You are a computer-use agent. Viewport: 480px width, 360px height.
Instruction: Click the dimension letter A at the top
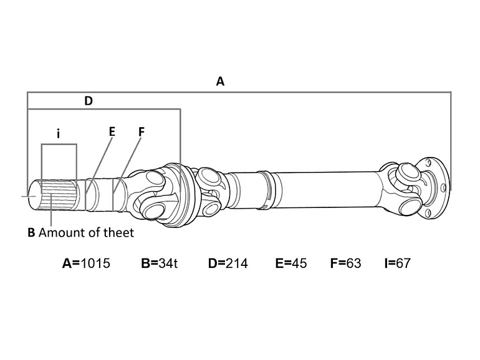pyautogui.click(x=219, y=81)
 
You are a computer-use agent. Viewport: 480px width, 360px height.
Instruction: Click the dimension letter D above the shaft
pyautogui.click(x=88, y=101)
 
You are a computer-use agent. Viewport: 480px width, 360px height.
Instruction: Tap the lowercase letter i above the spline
pyautogui.click(x=58, y=133)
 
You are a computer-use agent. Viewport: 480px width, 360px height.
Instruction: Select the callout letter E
pyautogui.click(x=112, y=131)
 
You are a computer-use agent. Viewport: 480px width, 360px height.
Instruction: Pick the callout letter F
pyautogui.click(x=141, y=131)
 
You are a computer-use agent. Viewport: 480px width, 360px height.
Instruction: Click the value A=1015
pyautogui.click(x=86, y=263)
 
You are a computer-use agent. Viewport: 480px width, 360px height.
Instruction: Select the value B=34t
pyautogui.click(x=160, y=263)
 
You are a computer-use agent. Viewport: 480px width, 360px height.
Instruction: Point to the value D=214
pyautogui.click(x=228, y=263)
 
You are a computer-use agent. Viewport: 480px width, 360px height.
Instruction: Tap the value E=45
pyautogui.click(x=290, y=263)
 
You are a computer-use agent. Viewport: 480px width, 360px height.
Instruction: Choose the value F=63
pyautogui.click(x=345, y=263)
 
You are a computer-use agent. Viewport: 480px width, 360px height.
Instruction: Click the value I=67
pyautogui.click(x=397, y=263)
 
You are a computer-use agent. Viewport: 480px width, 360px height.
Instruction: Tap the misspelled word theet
pyautogui.click(x=119, y=233)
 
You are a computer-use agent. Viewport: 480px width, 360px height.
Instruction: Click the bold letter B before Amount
pyautogui.click(x=31, y=233)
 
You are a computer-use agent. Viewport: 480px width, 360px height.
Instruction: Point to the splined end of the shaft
pyautogui.click(x=57, y=194)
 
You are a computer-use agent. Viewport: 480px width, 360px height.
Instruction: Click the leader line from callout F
pyautogui.click(x=128, y=158)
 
